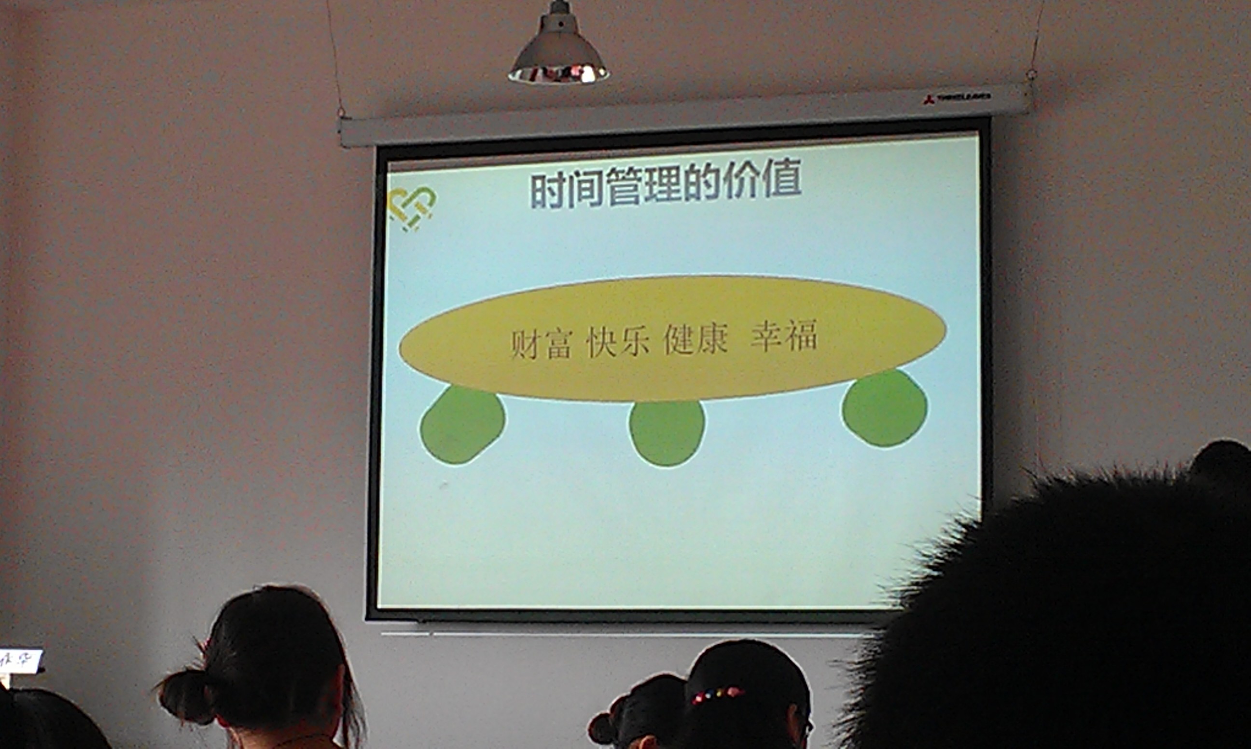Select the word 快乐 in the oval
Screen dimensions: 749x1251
617,342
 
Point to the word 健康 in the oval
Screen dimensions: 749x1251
695,339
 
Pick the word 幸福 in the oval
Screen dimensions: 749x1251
784,336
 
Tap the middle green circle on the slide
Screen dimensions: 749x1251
667,433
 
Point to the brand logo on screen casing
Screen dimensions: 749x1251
957,97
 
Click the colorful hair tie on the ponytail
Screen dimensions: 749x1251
717,694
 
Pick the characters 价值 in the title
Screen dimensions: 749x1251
762,181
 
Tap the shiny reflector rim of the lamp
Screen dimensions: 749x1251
558,75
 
